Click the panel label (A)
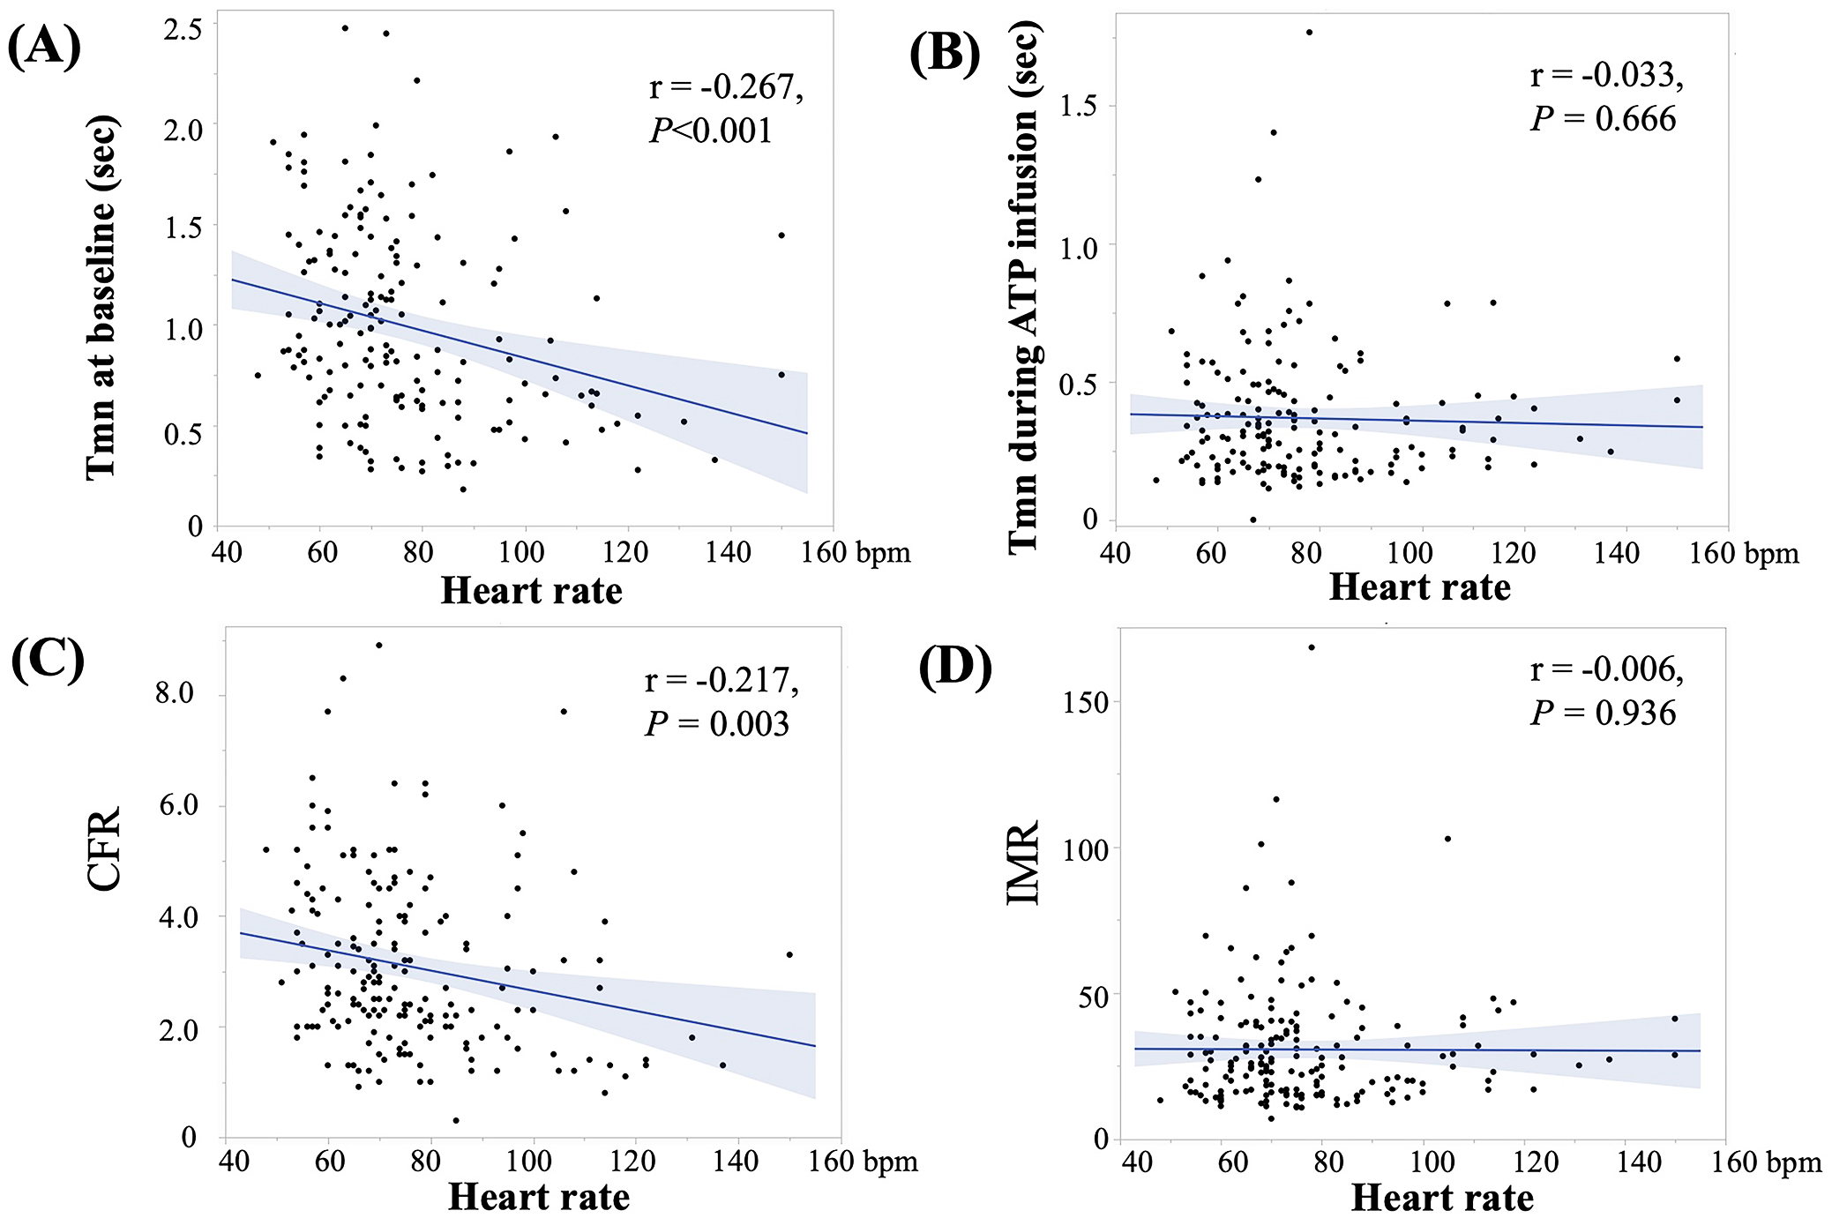(44, 46)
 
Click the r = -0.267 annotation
(726, 87)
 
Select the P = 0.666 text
(1603, 119)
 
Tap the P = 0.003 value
(716, 724)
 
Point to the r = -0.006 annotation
(1606, 670)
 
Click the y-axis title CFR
(104, 848)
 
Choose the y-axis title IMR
(1023, 863)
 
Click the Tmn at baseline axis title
(101, 297)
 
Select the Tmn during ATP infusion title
(1023, 287)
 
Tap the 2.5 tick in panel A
(183, 29)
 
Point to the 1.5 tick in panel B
(1078, 107)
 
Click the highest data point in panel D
(1312, 647)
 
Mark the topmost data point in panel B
(1309, 33)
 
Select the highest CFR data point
(379, 645)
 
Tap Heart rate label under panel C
(539, 1197)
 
